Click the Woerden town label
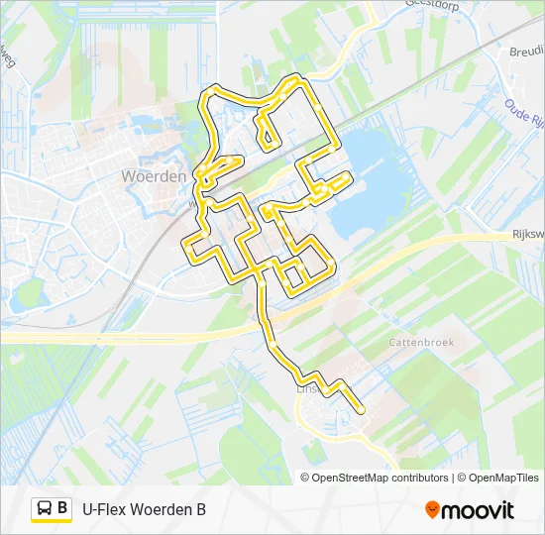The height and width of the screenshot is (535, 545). click(154, 175)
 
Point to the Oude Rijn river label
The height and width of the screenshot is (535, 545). click(522, 115)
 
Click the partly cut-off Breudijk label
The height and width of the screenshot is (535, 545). click(527, 51)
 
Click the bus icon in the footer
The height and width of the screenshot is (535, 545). click(45, 509)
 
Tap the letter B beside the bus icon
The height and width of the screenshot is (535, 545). click(62, 509)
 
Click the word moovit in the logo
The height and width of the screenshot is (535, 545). click(478, 511)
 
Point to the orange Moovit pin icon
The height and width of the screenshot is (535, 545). click(432, 510)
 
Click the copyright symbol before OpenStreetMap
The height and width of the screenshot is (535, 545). click(305, 478)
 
